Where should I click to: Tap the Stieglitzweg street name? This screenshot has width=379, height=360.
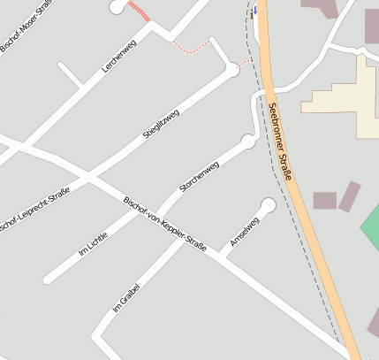click(x=161, y=124)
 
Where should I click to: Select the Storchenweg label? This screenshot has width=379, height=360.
click(x=199, y=177)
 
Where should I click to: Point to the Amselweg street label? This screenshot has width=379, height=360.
click(x=244, y=231)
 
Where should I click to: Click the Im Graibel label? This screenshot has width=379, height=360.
click(x=126, y=296)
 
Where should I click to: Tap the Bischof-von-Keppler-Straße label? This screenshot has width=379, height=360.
click(x=165, y=224)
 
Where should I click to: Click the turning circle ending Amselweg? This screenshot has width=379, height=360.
click(x=268, y=205)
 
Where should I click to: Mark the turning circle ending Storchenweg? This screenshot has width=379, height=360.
click(x=248, y=141)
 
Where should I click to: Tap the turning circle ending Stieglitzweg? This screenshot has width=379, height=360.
click(x=232, y=69)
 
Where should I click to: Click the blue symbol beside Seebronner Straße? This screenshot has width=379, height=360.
click(x=254, y=11)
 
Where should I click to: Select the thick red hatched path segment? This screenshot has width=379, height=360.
click(x=139, y=11)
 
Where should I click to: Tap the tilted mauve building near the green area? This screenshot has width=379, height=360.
click(x=350, y=195)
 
